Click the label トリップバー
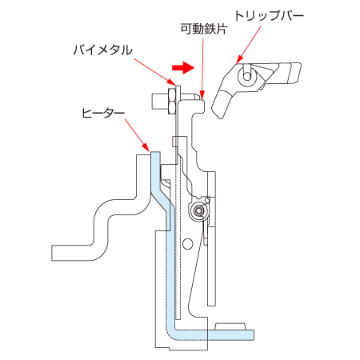click(269, 15)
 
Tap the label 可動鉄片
click(204, 29)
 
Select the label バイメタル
click(103, 50)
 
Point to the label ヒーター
click(103, 113)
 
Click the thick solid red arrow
click(183, 67)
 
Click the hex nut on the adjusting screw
click(172, 102)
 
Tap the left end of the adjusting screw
click(153, 102)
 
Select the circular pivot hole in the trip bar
click(247, 76)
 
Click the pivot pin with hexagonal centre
click(198, 211)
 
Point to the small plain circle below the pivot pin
click(188, 243)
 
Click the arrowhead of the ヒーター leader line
click(146, 147)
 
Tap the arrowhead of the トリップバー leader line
click(239, 60)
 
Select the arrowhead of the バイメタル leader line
click(172, 82)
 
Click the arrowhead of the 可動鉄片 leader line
click(202, 95)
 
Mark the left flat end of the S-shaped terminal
click(53, 253)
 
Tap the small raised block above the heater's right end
click(230, 326)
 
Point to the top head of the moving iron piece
click(191, 106)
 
